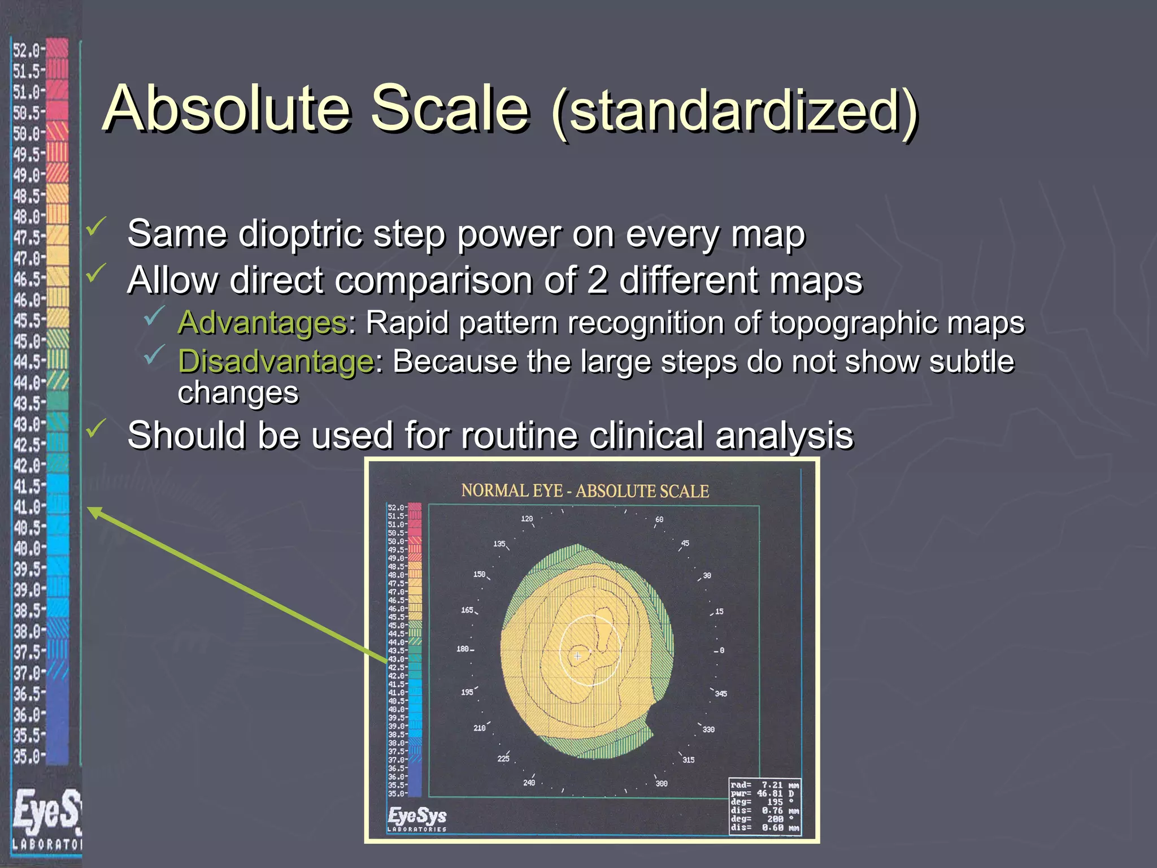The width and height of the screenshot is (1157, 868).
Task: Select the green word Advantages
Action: click(262, 323)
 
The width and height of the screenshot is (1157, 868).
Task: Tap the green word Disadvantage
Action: click(276, 361)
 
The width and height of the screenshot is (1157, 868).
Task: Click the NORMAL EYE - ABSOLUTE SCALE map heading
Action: click(585, 491)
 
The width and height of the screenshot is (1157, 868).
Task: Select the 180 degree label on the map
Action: click(463, 649)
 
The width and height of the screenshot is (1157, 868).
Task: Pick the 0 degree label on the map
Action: click(721, 650)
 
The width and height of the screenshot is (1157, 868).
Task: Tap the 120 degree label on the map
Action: click(527, 518)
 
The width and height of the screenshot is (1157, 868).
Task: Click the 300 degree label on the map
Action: click(661, 783)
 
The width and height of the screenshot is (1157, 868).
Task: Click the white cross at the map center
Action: click(577, 656)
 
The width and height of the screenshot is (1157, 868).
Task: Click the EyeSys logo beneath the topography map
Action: click(417, 818)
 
